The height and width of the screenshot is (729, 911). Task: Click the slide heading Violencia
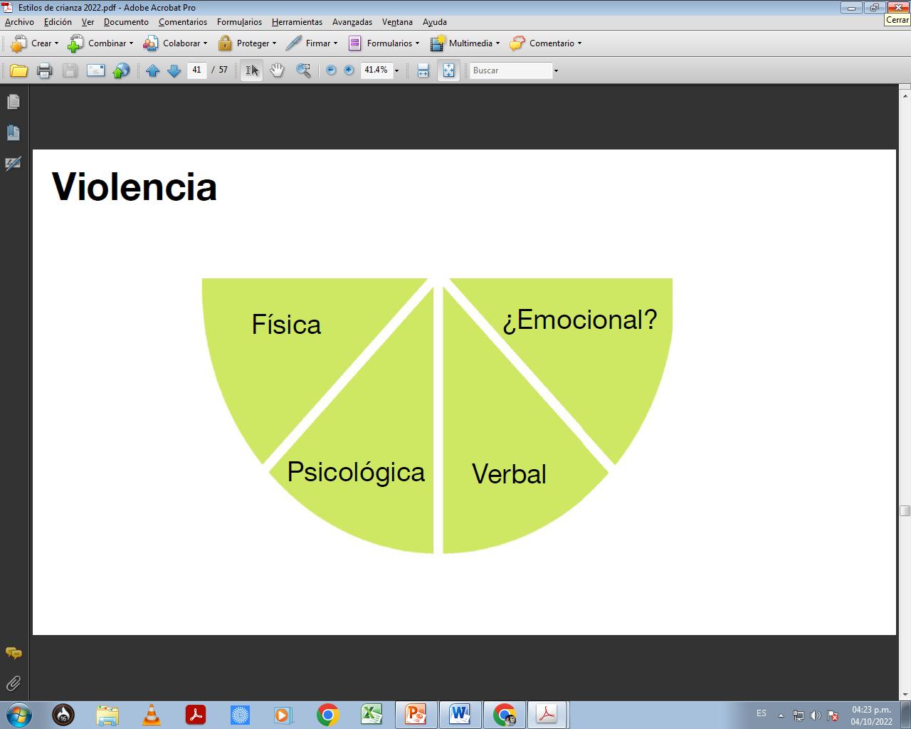[135, 187]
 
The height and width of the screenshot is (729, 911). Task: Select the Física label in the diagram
[286, 325]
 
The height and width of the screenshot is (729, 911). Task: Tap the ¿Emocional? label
[579, 320]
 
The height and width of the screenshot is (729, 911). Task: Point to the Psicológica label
[356, 472]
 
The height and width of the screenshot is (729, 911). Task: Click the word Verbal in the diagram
[509, 474]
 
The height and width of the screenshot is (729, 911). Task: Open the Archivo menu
[19, 22]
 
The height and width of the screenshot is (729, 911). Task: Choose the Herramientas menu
[297, 22]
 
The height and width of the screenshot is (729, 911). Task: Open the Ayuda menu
[434, 22]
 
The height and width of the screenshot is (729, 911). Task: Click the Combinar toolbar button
[100, 43]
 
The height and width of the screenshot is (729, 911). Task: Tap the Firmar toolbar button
[311, 43]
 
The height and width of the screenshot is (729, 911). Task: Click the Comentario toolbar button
[545, 43]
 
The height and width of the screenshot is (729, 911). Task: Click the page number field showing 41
[197, 70]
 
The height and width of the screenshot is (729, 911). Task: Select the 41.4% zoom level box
[376, 70]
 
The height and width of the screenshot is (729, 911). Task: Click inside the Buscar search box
[510, 70]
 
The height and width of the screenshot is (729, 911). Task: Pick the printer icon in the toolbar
[44, 70]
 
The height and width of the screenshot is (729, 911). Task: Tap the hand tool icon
[277, 70]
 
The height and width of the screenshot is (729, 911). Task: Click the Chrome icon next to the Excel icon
[328, 714]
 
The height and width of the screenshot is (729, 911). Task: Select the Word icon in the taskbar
[460, 714]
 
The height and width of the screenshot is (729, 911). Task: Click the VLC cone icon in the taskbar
[151, 714]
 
